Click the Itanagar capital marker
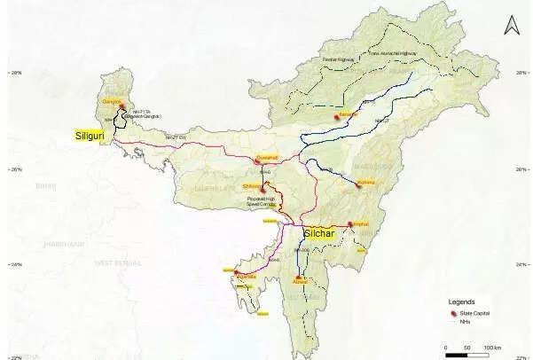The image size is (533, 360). tap(336, 116)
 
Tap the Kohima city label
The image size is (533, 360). tap(367, 184)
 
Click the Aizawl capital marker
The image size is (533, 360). tap(297, 280)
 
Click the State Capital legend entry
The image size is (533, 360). tap(475, 314)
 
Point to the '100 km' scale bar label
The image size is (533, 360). tap(492, 347)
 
